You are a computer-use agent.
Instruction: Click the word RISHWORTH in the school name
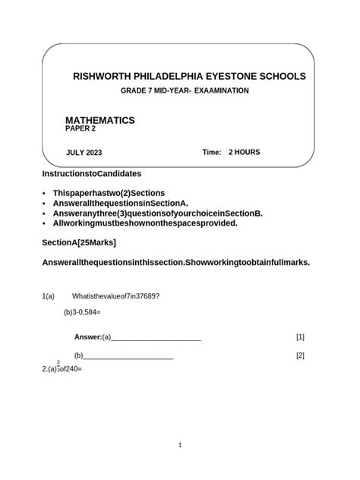[102, 77]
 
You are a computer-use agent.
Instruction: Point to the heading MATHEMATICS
[100, 120]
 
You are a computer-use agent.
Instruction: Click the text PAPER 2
[82, 129]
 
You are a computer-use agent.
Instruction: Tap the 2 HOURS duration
[244, 153]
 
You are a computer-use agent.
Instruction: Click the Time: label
[212, 153]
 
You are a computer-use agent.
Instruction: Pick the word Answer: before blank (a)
[87, 337]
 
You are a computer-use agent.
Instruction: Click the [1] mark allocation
[300, 337]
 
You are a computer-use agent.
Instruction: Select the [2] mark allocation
[300, 355]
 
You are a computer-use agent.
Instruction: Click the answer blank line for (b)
[128, 358]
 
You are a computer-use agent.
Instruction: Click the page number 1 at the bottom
[179, 446]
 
